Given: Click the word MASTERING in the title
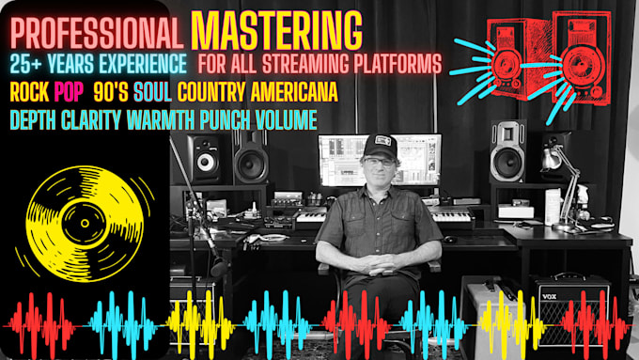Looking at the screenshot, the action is (276, 31).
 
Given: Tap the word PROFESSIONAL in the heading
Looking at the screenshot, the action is (97, 34).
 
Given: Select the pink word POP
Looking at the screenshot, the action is (69, 92).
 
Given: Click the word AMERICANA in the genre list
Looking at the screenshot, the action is (294, 92).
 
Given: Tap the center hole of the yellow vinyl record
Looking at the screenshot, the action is (85, 223).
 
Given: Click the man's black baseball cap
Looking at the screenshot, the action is (380, 146).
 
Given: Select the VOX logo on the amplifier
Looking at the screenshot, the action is (549, 296).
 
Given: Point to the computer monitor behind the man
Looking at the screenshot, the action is (380, 159).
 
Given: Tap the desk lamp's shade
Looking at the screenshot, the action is (551, 160).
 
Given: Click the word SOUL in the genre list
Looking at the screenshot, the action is (152, 92).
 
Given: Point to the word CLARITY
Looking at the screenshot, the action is (91, 120).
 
